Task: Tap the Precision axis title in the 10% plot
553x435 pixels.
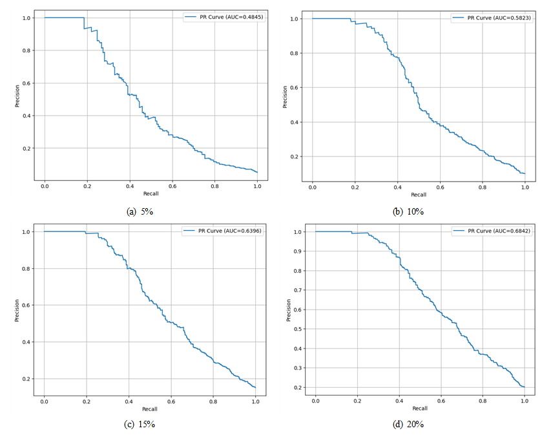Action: coord(285,96)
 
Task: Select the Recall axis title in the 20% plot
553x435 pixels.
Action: coord(420,408)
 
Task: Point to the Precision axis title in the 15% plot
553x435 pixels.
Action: coord(17,310)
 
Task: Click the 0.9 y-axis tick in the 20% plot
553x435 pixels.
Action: coord(299,251)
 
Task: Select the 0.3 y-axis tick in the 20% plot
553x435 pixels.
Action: coord(299,368)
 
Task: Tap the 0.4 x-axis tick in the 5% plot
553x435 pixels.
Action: coord(129,187)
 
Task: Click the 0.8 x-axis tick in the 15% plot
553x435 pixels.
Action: coord(214,401)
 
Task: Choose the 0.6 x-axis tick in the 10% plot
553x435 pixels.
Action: coord(440,187)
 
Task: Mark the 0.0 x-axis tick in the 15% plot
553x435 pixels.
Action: coord(44,401)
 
